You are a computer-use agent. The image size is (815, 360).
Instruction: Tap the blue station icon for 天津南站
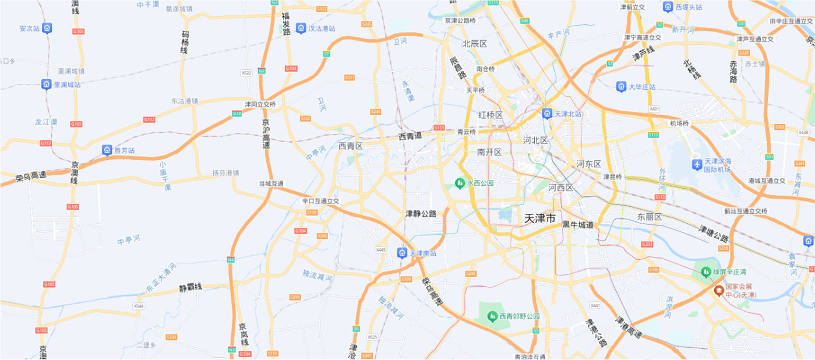(402, 253)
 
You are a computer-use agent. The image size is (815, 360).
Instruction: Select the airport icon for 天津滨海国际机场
(697, 165)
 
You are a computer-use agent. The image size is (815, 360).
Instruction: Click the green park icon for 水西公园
(460, 183)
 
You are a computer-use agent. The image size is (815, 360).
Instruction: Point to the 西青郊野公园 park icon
(492, 316)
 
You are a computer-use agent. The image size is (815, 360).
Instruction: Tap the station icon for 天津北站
(547, 114)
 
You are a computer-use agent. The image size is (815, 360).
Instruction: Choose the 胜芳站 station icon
(107, 150)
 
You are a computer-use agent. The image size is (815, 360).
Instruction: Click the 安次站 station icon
(47, 28)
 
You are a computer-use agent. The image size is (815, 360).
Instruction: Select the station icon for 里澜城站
(47, 84)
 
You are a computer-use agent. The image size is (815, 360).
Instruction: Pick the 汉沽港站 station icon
(301, 28)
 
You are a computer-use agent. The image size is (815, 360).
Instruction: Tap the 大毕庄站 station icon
(622, 87)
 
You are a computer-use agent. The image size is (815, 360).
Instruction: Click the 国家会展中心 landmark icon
(719, 290)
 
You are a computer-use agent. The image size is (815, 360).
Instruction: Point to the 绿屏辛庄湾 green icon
(704, 271)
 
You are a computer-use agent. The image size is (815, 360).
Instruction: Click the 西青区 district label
(351, 146)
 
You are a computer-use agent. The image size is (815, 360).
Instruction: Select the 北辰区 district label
(475, 44)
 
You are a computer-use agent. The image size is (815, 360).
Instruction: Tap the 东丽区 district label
(650, 217)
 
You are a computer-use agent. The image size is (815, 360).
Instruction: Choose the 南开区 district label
(489, 152)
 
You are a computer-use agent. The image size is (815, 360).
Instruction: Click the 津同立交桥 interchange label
(260, 104)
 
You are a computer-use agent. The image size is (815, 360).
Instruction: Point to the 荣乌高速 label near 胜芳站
(31, 175)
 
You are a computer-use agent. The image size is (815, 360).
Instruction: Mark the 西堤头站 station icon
(668, 6)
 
